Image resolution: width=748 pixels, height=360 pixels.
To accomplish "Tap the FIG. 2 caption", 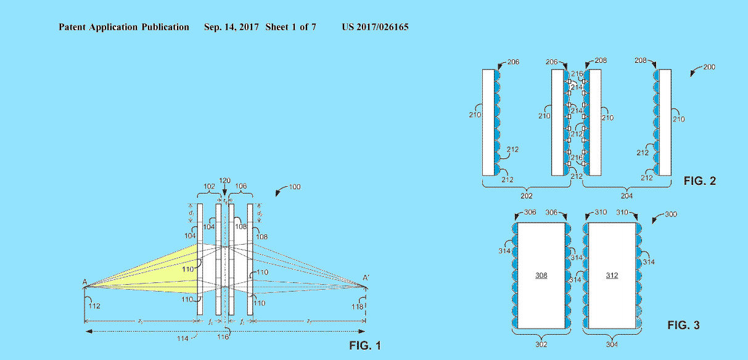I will coord(699,181).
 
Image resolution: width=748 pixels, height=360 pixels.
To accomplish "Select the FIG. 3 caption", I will coord(683,325).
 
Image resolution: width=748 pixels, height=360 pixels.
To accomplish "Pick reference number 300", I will coord(675,215).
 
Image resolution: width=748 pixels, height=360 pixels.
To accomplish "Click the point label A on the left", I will coord(84,282).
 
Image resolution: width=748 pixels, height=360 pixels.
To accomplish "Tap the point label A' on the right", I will coord(366,279).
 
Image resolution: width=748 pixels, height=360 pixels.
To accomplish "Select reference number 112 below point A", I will coord(94,305).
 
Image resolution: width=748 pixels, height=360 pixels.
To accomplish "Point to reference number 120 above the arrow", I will coord(224,181).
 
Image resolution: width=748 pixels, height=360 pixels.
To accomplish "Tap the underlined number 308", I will coord(541,275).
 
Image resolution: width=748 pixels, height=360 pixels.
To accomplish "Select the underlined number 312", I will coord(612,275).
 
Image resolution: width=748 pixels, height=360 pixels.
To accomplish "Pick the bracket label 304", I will coord(612,345).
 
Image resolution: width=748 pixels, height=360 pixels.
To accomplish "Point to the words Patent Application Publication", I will coord(124,27).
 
